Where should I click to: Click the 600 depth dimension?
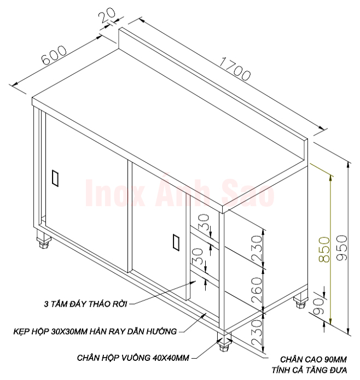(54, 55)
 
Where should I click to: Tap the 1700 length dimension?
(235, 68)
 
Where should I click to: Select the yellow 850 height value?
(324, 250)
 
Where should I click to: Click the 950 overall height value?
(342, 248)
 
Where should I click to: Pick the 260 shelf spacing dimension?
(257, 290)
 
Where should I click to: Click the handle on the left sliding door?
(55, 178)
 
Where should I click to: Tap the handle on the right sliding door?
(176, 242)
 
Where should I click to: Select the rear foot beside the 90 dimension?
(300, 300)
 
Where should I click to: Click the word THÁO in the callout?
(100, 303)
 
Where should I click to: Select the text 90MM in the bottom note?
(335, 359)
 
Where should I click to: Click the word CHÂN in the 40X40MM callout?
(89, 358)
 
